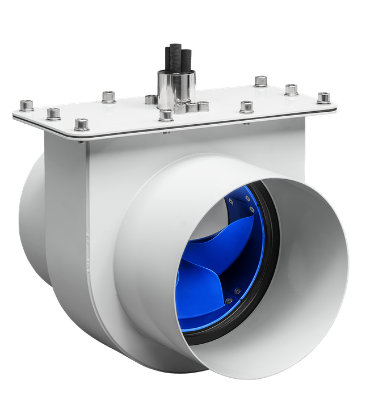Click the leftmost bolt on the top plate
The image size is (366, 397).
(26, 104)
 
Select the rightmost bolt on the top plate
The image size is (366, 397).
(324, 96)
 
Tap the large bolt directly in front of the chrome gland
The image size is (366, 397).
(166, 116)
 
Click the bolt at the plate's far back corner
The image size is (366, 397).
(260, 81)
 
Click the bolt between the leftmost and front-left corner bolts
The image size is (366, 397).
(53, 114)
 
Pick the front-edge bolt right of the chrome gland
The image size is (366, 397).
(247, 106)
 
